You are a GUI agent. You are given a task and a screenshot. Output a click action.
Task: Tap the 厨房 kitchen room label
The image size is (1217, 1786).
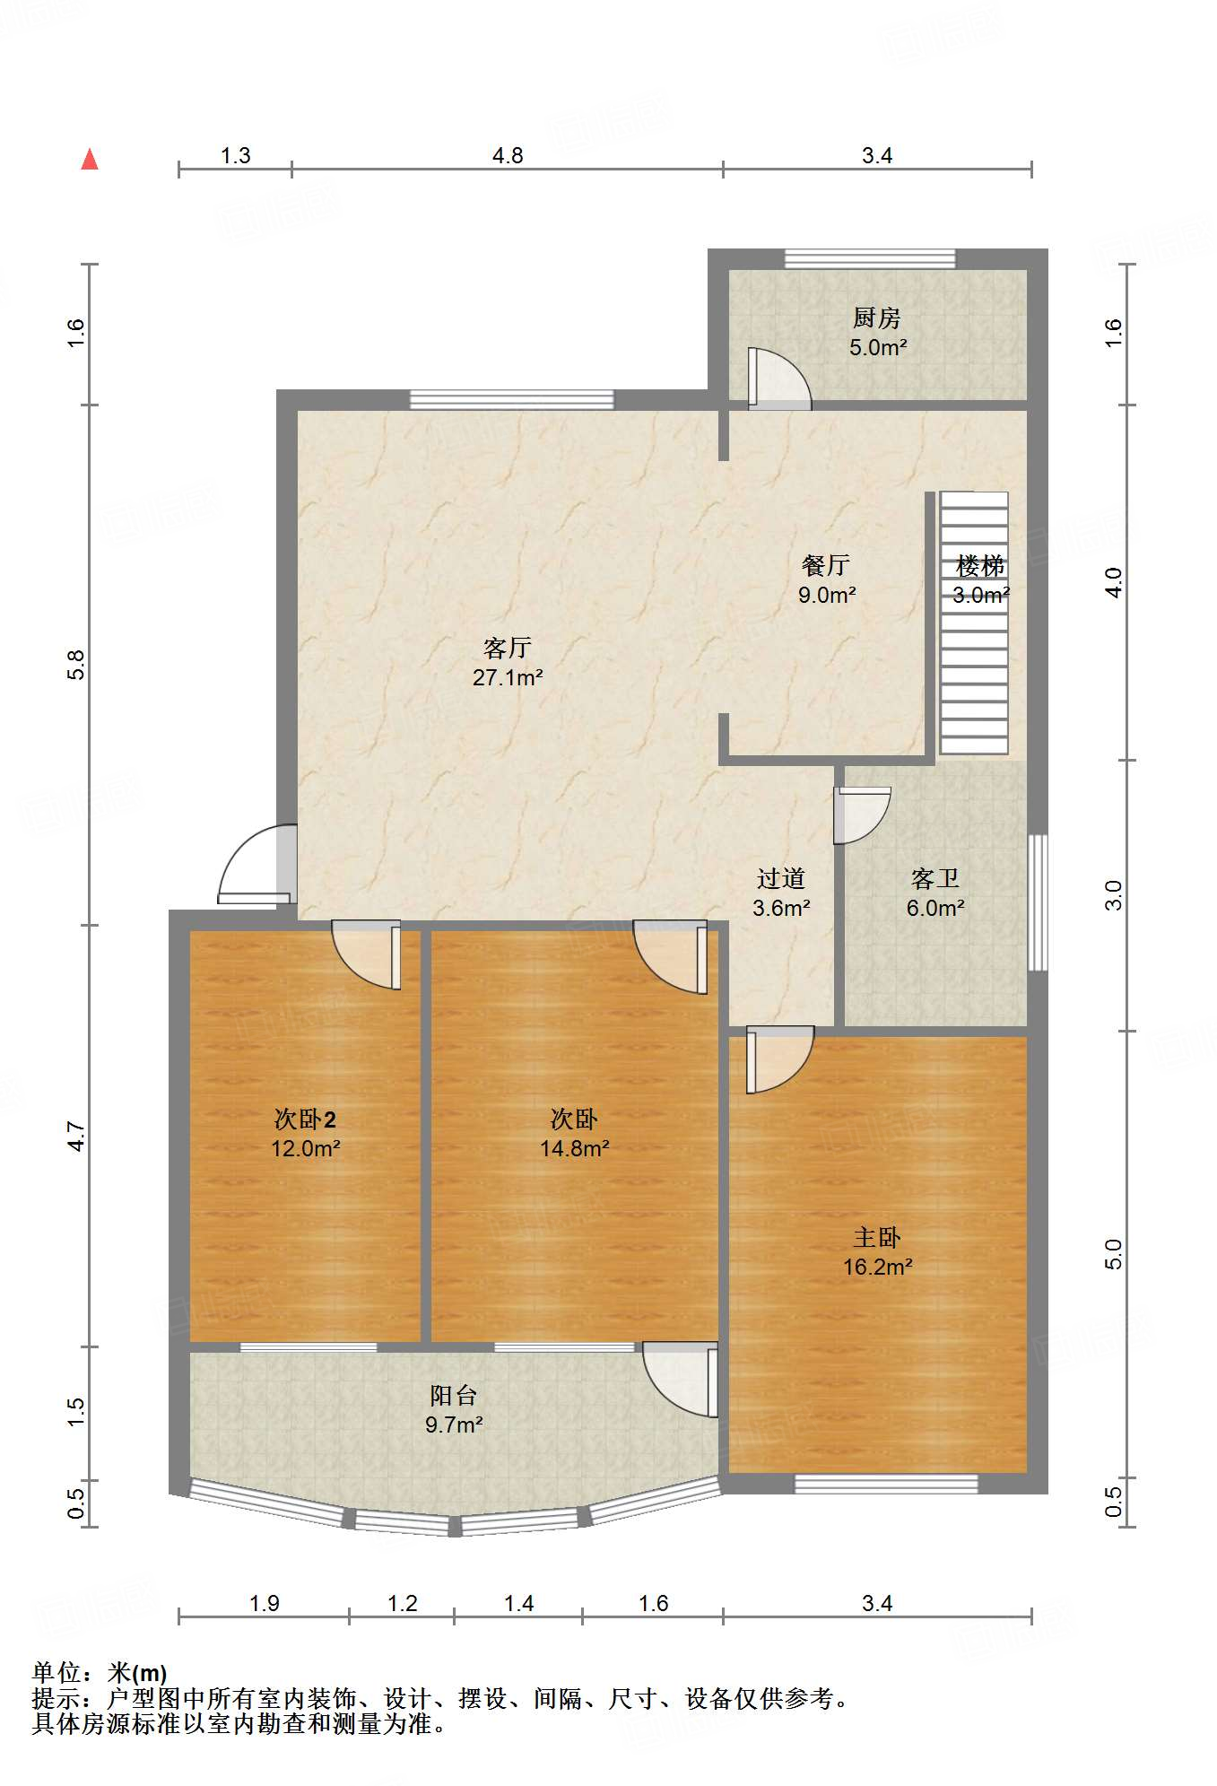876,318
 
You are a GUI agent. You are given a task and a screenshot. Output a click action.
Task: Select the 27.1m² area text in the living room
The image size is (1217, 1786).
508,677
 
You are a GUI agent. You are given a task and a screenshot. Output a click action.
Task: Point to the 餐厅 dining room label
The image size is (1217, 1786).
826,565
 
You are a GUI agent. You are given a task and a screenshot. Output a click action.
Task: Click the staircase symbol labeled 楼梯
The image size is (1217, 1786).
974,623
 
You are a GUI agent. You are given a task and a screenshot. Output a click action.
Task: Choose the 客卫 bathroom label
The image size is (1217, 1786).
935,878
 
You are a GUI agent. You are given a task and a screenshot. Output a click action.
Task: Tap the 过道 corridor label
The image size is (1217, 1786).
781,878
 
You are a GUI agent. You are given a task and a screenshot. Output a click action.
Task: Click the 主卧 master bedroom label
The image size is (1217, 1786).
877,1238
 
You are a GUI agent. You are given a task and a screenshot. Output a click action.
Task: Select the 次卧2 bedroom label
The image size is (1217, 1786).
305,1119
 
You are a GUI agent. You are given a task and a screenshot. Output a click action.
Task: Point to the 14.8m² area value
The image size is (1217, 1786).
575,1148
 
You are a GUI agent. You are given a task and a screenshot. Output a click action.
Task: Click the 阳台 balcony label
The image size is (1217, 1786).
454,1395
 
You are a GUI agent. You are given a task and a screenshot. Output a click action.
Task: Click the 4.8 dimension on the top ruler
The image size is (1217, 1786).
508,155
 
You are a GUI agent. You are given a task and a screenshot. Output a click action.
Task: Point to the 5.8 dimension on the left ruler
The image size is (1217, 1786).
76,665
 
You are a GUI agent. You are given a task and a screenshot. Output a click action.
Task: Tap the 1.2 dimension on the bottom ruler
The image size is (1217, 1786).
402,1603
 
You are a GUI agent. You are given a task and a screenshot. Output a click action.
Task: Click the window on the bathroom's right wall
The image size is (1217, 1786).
1038,902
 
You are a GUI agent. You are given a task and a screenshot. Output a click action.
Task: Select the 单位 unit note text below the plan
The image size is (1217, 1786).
100,1673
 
